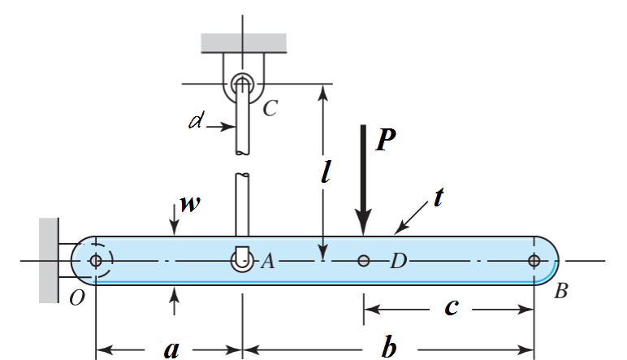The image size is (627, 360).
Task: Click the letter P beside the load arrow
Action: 387,140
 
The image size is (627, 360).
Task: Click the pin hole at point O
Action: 96,261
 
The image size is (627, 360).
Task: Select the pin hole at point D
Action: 364,261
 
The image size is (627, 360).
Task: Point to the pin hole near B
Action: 534,261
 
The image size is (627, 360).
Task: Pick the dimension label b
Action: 390,349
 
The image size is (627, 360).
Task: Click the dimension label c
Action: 452,306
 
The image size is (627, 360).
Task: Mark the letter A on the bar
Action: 267,261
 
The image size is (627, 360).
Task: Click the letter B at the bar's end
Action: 560,291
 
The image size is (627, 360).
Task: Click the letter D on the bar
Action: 398,261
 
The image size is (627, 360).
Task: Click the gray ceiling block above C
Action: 243,42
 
